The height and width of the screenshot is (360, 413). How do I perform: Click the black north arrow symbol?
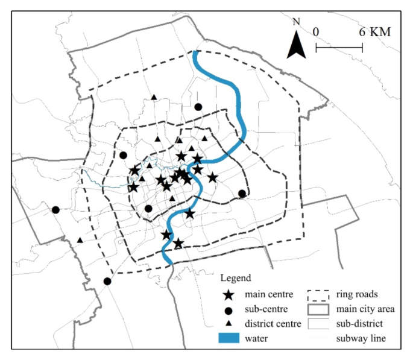coord(295,44)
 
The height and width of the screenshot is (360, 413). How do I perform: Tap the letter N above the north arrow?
coord(296,22)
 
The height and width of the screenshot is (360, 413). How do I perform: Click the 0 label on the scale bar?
coord(317,31)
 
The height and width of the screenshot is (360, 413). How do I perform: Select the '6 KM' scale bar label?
coord(374,31)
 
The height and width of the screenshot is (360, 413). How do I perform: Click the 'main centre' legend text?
coord(270,295)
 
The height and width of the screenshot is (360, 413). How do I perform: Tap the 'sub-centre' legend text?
coord(266,309)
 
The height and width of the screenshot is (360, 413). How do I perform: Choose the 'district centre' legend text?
coord(273,324)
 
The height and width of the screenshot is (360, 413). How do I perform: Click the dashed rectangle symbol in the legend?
coord(318,295)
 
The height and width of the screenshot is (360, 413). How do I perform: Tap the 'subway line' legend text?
coord(359,339)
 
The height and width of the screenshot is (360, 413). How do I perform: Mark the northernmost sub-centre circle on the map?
coord(198,107)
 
